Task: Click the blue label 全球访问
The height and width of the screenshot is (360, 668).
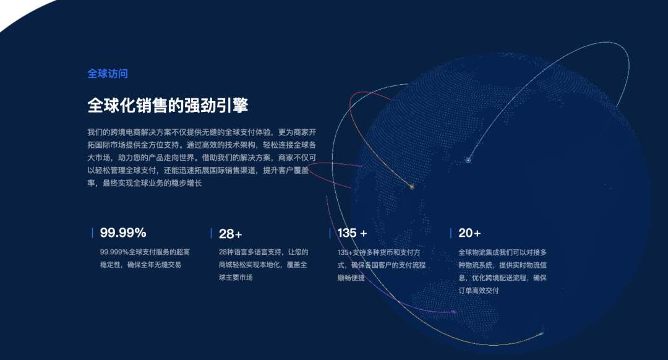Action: pyautogui.click(x=108, y=74)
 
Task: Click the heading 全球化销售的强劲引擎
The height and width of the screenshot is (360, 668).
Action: pyautogui.click(x=168, y=105)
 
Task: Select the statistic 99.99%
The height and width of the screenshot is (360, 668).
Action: pyautogui.click(x=123, y=233)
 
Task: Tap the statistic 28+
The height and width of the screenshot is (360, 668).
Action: pyautogui.click(x=231, y=234)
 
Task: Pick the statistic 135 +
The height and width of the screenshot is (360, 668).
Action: pyautogui.click(x=353, y=233)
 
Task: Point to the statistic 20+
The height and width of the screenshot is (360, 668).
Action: pyautogui.click(x=469, y=233)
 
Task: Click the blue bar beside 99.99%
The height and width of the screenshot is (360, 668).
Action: pyautogui.click(x=92, y=233)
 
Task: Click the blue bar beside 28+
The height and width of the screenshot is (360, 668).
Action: pyautogui.click(x=212, y=233)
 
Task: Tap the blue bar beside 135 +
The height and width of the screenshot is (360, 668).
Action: pyautogui.click(x=330, y=233)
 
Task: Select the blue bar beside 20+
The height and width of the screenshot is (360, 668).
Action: pyautogui.click(x=451, y=233)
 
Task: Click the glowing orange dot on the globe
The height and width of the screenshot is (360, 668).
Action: pyautogui.click(x=411, y=187)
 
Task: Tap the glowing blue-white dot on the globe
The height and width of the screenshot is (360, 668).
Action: pyautogui.click(x=468, y=160)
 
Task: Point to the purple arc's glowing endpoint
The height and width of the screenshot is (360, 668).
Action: pyautogui.click(x=453, y=312)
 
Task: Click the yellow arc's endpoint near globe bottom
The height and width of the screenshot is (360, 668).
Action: pyautogui.click(x=541, y=333)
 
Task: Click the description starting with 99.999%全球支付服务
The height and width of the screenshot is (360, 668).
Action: pyautogui.click(x=145, y=258)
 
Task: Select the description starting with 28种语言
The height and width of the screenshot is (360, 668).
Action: pyautogui.click(x=263, y=265)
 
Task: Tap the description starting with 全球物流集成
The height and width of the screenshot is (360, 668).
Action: pyautogui.click(x=502, y=272)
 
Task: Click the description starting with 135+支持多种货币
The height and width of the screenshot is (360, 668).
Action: pyautogui.click(x=381, y=265)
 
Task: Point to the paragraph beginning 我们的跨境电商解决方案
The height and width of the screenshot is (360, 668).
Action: pyautogui.click(x=202, y=158)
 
